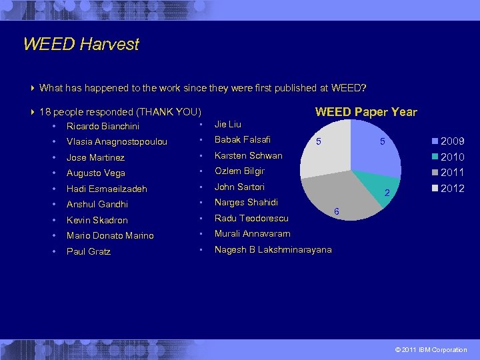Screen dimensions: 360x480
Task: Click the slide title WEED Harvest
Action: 81,45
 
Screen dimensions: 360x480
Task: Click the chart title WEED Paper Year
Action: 366,112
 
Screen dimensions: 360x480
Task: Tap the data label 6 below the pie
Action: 336,211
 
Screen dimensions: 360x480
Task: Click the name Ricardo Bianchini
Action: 103,127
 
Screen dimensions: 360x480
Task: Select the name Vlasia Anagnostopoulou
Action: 117,142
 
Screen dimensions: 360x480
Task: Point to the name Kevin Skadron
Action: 97,220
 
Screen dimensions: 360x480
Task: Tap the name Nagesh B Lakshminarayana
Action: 273,250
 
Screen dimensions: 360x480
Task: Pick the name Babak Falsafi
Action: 242,140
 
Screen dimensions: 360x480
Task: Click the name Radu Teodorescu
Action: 251,219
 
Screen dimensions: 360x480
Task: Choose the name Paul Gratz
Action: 89,251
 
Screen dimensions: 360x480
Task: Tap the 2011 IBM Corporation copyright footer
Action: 431,350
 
